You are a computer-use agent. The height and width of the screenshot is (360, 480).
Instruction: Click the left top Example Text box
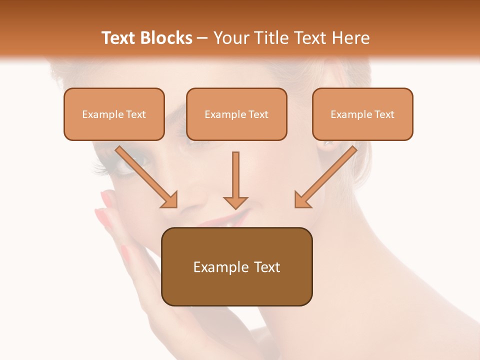[x=114, y=114]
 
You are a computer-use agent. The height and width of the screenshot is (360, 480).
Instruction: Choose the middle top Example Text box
[x=236, y=114]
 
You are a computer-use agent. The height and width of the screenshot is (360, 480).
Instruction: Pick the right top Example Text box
[x=362, y=114]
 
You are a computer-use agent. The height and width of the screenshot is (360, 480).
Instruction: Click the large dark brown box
[x=236, y=266]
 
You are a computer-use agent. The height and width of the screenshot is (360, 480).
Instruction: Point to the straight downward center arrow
[x=235, y=177]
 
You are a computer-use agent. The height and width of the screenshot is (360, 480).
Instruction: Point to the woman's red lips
[x=235, y=217]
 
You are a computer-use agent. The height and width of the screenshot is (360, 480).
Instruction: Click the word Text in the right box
[x=384, y=114]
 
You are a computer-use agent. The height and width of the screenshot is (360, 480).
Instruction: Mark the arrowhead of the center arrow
[x=235, y=202]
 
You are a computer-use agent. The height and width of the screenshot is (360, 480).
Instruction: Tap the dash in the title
[x=202, y=38]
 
